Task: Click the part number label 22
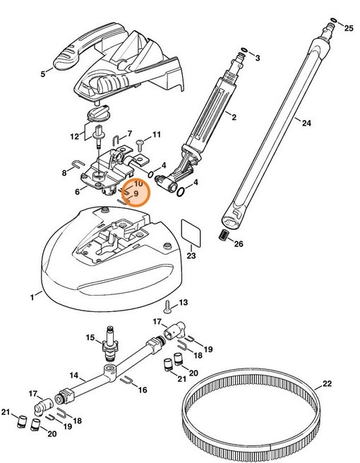tap(326, 385)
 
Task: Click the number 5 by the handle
tap(42, 73)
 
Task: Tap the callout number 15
tap(90, 338)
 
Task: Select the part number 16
tap(143, 390)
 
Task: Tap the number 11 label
tap(157, 134)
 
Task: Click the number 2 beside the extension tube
tap(234, 116)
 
